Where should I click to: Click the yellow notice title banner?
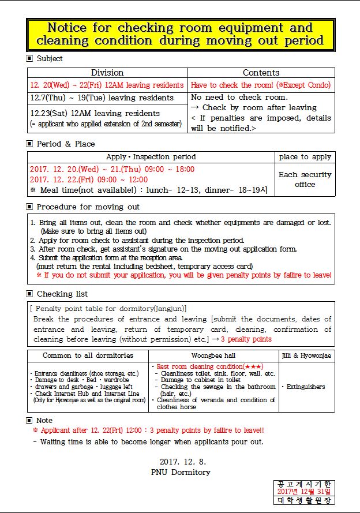[x=180, y=35]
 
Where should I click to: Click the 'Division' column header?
[x=107, y=73]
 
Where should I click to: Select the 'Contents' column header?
[x=261, y=73]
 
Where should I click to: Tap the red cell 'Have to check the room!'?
[x=261, y=85]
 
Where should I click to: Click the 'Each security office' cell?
[x=305, y=179]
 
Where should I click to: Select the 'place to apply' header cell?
[x=305, y=157]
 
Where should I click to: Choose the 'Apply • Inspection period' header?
[x=151, y=157]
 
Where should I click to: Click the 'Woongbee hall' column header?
[x=213, y=355]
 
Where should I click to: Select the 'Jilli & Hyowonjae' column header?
[x=306, y=355]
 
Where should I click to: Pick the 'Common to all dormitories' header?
[x=88, y=355]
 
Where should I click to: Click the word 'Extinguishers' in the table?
[x=306, y=387]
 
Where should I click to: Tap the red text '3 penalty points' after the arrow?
[x=246, y=339]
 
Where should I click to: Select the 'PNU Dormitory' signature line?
[x=180, y=472]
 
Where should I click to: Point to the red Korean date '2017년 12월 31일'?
[x=304, y=491]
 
